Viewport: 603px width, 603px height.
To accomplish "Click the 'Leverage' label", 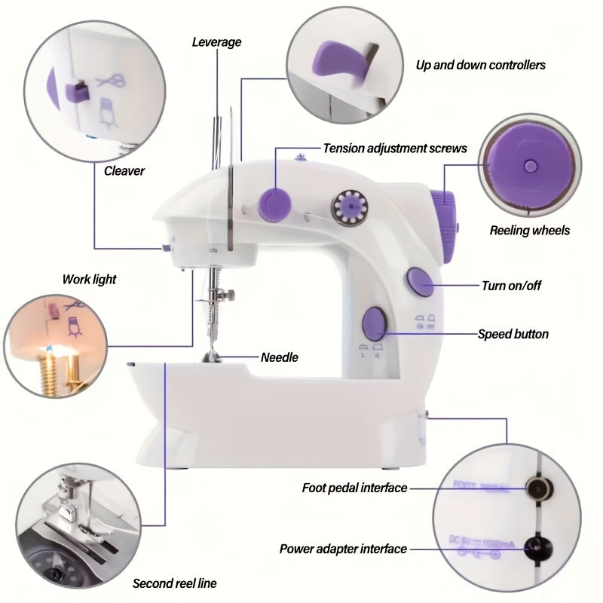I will tap(216, 42).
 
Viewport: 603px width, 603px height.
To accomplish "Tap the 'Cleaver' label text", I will tap(124, 171).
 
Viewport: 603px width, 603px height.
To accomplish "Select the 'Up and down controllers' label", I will tap(480, 65).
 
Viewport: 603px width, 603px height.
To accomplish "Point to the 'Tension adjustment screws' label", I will tap(394, 148).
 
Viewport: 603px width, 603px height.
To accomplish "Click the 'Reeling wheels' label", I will tap(530, 231).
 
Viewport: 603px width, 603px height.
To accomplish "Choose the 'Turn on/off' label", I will tap(511, 286).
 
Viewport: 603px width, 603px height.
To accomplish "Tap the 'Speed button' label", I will tap(513, 334).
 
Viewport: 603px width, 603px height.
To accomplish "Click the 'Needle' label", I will tap(279, 357).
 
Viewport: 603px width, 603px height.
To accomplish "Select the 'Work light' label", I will tap(89, 280).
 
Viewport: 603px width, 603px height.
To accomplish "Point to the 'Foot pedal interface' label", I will tap(354, 488).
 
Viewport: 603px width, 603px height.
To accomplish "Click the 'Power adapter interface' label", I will tap(343, 549).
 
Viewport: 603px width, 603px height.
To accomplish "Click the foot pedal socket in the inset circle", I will tap(537, 488).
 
